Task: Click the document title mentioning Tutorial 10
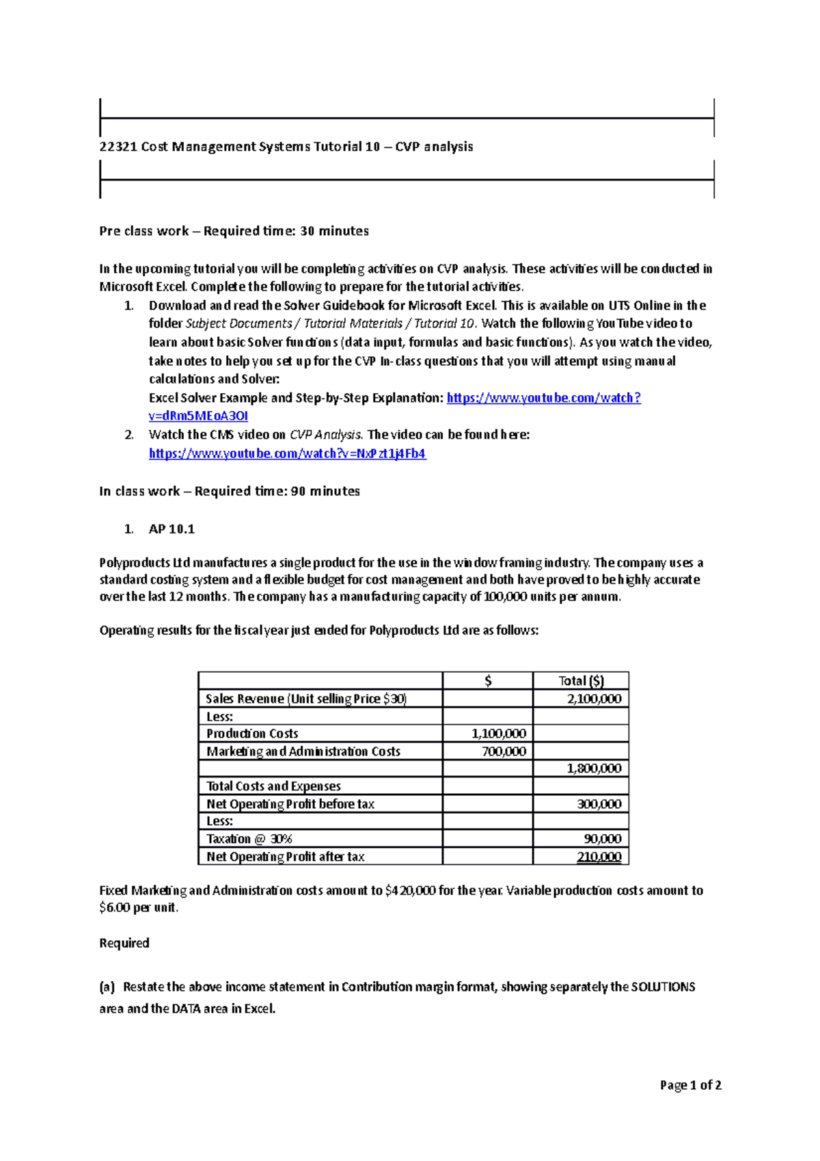286,146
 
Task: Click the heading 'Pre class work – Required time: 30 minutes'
234,231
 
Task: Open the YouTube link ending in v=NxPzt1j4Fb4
287,453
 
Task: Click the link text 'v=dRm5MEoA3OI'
198,416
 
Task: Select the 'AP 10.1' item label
172,529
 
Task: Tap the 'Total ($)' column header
581,680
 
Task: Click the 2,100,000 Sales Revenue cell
594,698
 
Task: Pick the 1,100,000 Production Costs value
498,734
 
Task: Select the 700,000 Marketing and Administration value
504,751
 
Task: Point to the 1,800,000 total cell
594,769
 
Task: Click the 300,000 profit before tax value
599,804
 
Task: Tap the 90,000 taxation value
602,839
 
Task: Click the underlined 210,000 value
599,857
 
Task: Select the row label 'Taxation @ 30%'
249,839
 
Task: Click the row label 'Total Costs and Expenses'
273,786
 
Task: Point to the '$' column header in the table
487,680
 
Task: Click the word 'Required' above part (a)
124,943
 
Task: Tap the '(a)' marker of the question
107,987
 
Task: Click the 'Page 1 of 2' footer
690,1085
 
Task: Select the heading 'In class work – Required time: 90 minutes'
230,491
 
